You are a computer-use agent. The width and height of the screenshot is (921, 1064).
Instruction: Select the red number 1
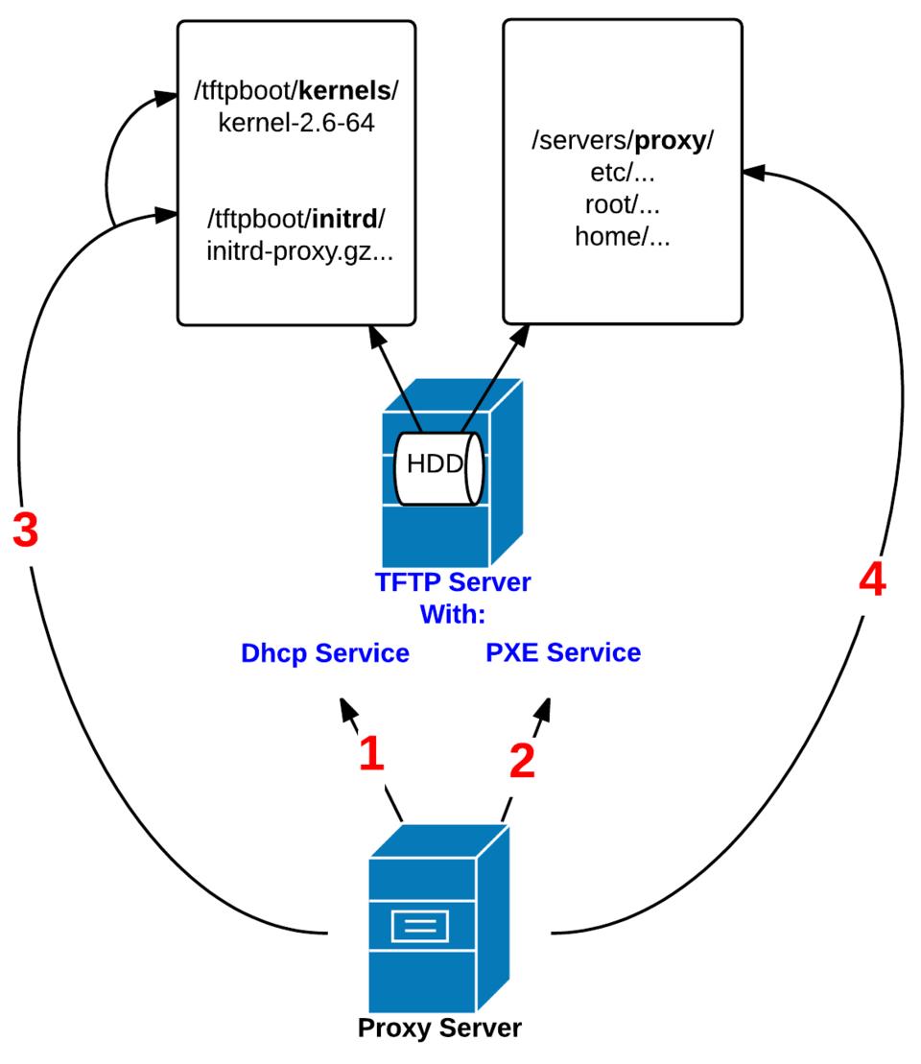[370, 754]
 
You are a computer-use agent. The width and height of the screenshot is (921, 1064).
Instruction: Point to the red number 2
[521, 760]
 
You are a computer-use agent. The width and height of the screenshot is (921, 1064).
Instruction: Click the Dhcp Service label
[325, 653]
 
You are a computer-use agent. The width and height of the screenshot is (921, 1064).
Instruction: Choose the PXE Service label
[563, 653]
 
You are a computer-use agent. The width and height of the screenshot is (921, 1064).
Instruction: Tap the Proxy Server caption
[439, 1029]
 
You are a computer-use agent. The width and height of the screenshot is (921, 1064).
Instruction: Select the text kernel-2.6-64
[295, 124]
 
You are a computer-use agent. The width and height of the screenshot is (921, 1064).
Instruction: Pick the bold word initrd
[342, 219]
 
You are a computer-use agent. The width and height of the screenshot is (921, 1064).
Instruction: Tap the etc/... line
[622, 174]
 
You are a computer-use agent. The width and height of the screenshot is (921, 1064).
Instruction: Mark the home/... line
[622, 235]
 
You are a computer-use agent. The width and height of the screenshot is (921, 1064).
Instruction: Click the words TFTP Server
[453, 583]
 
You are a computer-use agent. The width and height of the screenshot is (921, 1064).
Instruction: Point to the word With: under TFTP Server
[452, 614]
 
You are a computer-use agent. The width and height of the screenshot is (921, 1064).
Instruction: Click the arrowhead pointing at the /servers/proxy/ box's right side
[754, 172]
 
